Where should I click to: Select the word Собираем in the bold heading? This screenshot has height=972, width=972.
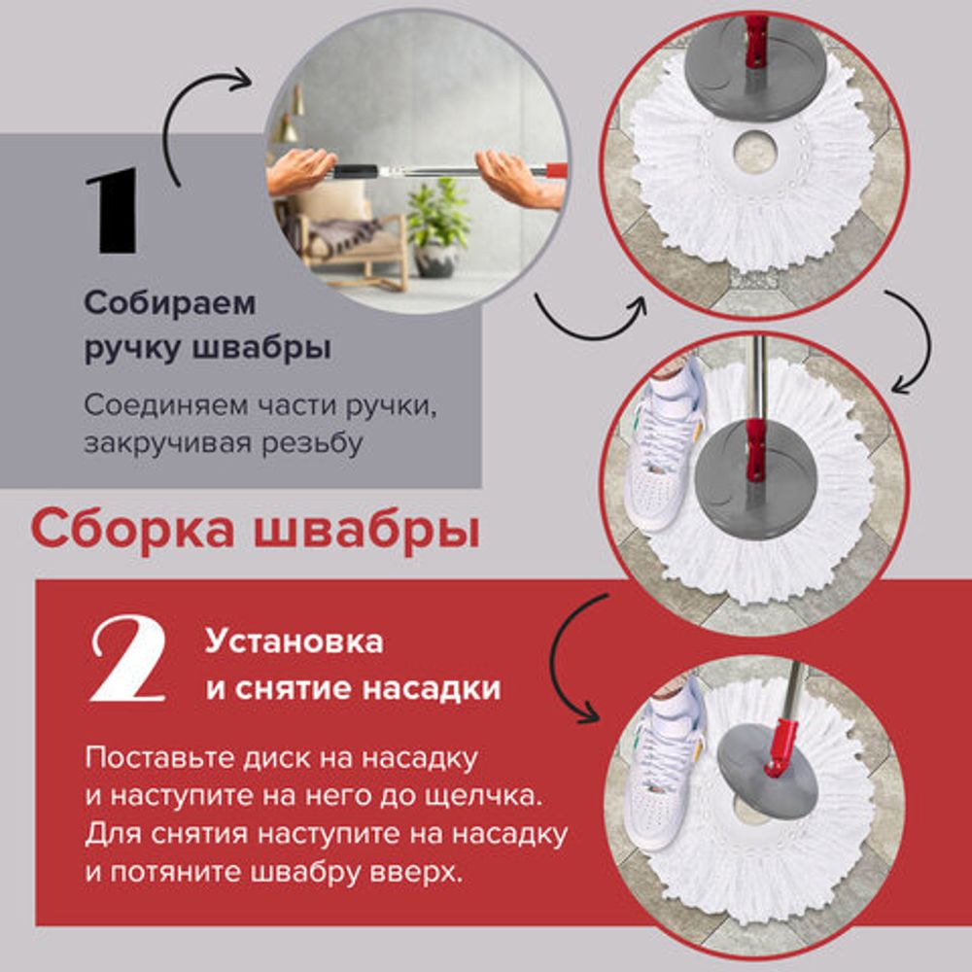[170, 303]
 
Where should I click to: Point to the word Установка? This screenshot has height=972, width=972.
[294, 642]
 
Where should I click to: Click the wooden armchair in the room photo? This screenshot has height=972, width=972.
[350, 243]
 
